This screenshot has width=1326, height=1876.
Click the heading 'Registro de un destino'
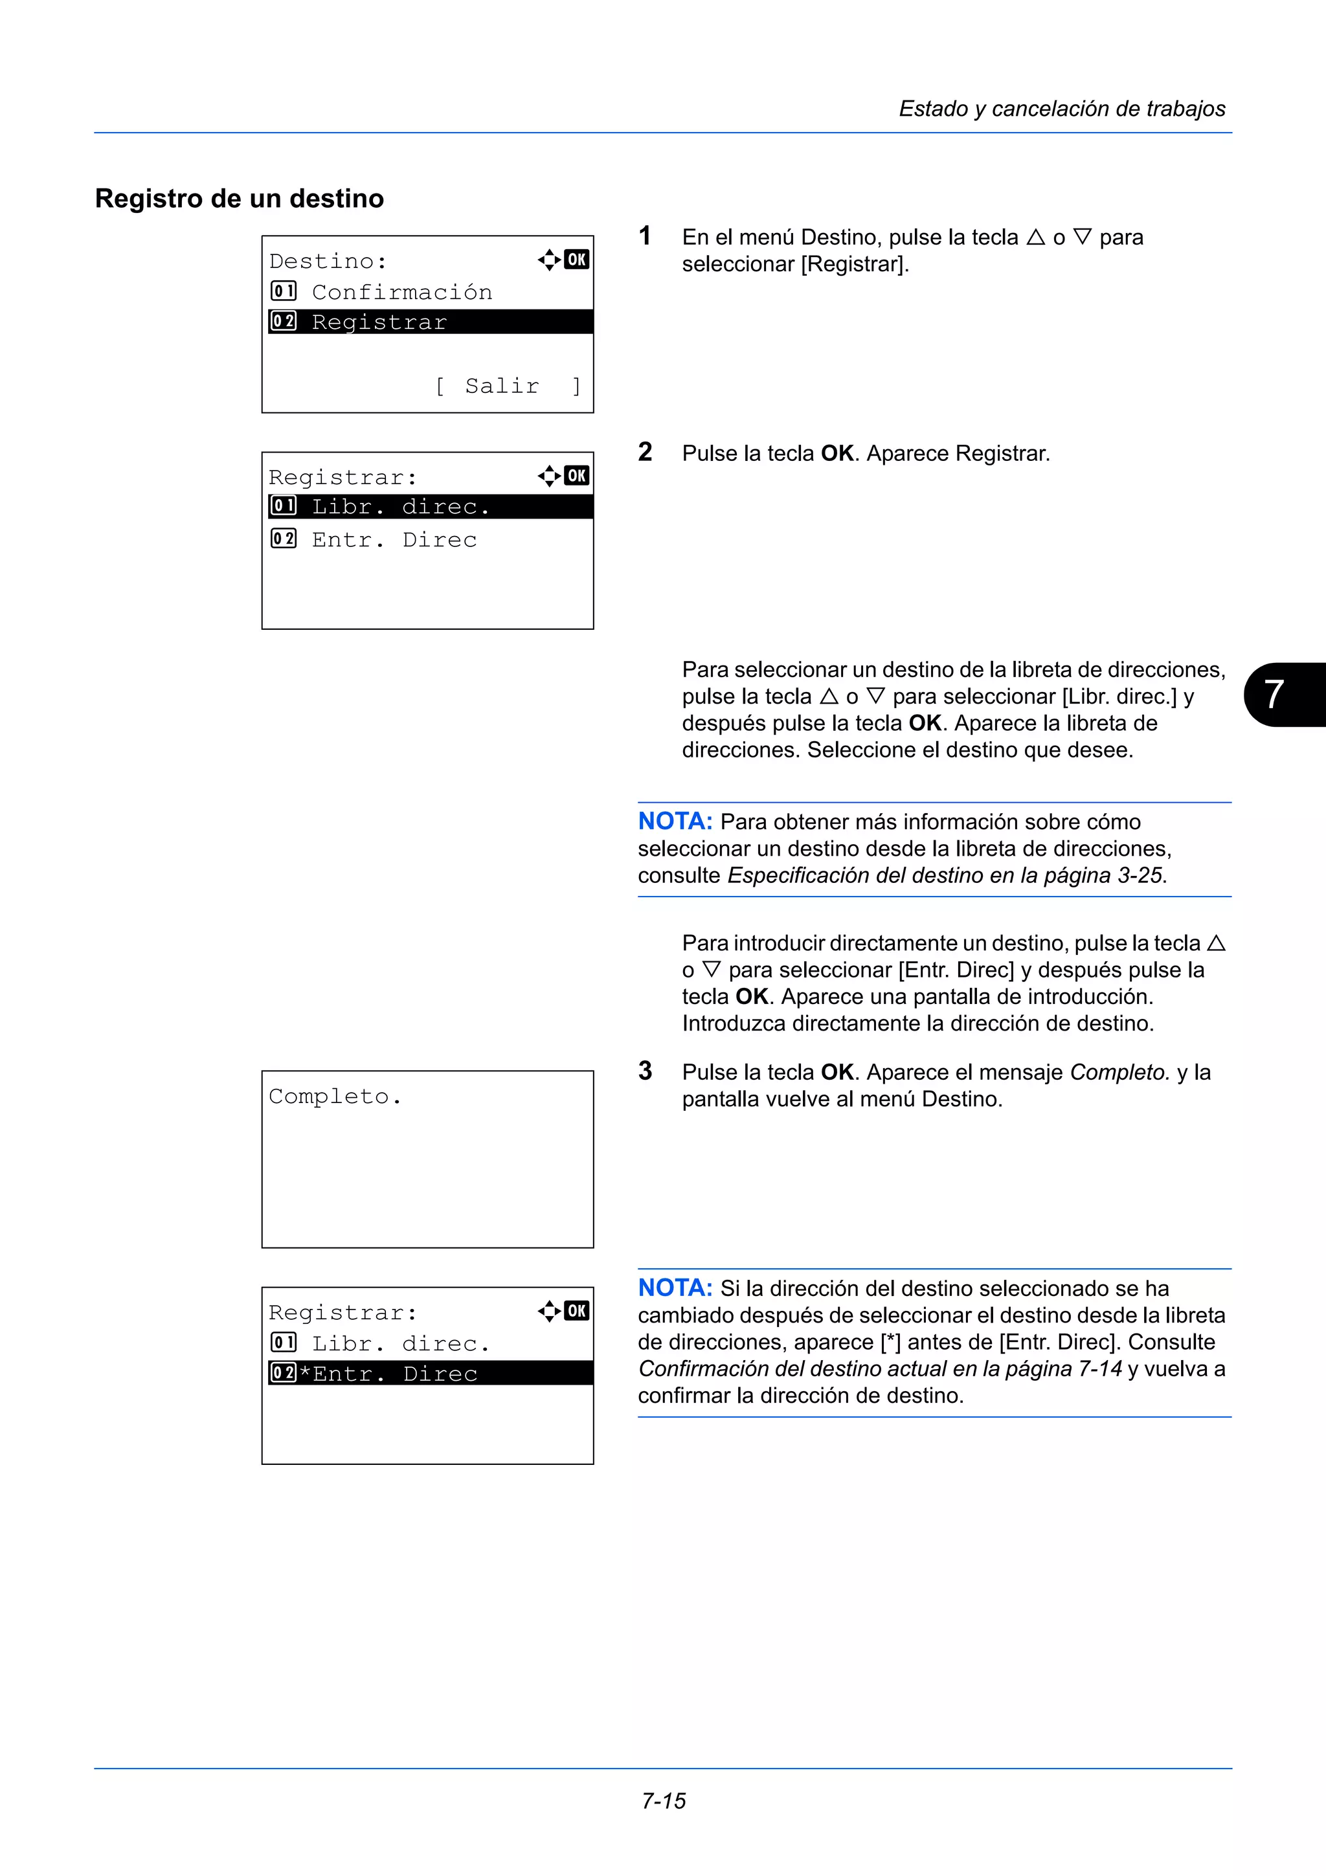(x=240, y=199)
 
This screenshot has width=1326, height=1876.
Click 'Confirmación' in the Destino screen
(x=402, y=292)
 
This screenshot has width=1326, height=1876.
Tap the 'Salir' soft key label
(x=502, y=386)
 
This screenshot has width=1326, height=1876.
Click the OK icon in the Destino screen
(x=577, y=260)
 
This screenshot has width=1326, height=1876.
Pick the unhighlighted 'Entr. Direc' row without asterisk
(x=394, y=540)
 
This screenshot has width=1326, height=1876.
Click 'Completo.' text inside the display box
(x=335, y=1097)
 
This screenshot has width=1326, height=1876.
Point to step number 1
(x=645, y=236)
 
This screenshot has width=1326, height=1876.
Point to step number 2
(x=645, y=452)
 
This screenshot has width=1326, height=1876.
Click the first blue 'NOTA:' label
(x=675, y=821)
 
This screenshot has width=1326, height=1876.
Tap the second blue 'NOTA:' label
(x=675, y=1288)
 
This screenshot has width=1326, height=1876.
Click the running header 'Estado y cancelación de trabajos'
(x=1061, y=109)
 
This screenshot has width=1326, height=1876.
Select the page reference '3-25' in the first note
(x=1140, y=875)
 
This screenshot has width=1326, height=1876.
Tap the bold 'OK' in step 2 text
(x=837, y=454)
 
